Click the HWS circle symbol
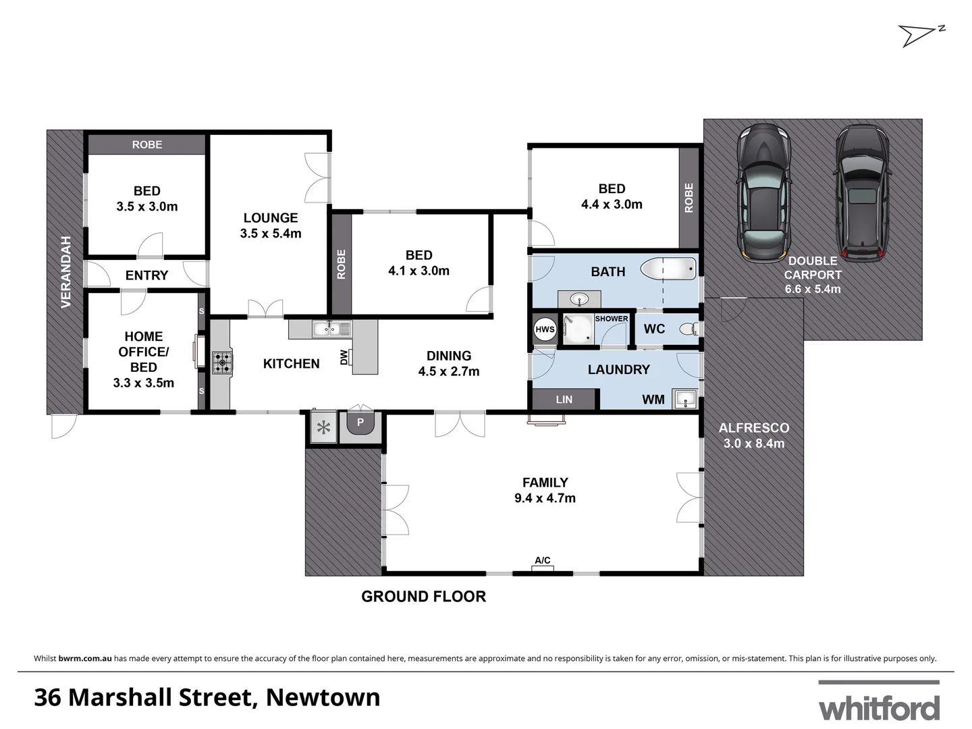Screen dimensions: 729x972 pyautogui.click(x=545, y=330)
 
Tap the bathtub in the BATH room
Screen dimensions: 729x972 pyautogui.click(x=668, y=269)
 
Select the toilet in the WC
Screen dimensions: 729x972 pyautogui.click(x=688, y=329)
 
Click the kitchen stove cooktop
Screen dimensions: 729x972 pyautogui.click(x=222, y=362)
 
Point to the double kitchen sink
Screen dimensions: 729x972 pyautogui.click(x=331, y=329)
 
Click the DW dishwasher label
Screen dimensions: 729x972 pyautogui.click(x=344, y=357)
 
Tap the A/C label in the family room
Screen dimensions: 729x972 pyautogui.click(x=543, y=560)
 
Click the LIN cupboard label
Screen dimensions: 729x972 pyautogui.click(x=564, y=400)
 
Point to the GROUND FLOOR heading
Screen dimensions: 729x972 pyautogui.click(x=423, y=597)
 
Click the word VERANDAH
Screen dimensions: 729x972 pyautogui.click(x=65, y=271)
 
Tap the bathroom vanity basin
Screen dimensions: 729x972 pyautogui.click(x=579, y=298)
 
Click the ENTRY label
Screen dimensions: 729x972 pyautogui.click(x=146, y=275)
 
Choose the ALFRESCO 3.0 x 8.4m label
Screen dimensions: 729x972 pyautogui.click(x=754, y=435)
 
